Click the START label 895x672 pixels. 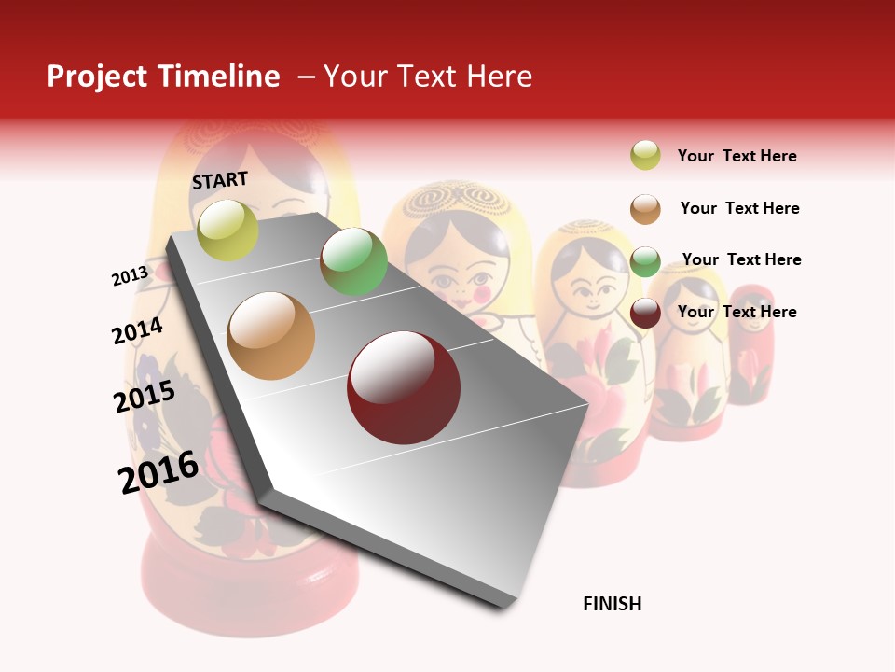tap(220, 180)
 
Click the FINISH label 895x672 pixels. tap(612, 604)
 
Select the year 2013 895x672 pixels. tap(131, 276)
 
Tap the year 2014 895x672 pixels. tap(137, 331)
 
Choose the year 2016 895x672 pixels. tap(158, 472)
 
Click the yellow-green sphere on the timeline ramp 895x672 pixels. tap(227, 230)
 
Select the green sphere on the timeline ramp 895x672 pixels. tap(353, 261)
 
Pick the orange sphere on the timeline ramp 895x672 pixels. tap(271, 336)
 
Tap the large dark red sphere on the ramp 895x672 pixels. tap(404, 387)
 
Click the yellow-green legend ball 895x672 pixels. tap(645, 155)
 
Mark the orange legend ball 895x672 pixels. tap(645, 209)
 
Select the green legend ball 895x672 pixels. tap(645, 261)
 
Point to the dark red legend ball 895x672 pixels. tap(645, 313)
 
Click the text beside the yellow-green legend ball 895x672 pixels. tap(737, 156)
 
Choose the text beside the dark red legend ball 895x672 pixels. tap(737, 312)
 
